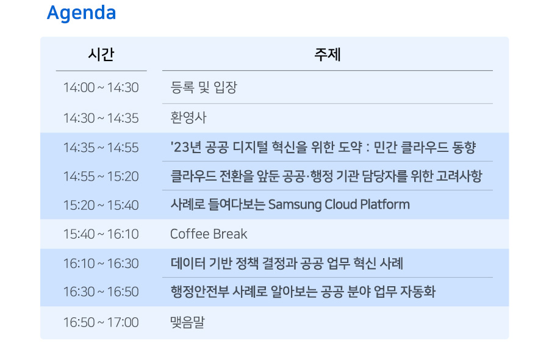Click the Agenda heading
(81, 13)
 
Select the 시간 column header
(101, 55)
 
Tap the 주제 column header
(328, 55)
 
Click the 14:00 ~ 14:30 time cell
(101, 87)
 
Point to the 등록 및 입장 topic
(203, 87)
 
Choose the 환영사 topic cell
(188, 118)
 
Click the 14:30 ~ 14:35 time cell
(101, 118)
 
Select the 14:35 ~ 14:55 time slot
(101, 148)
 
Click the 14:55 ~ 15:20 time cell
(101, 176)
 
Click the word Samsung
(295, 205)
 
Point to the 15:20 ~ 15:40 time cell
(101, 205)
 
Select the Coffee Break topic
(209, 234)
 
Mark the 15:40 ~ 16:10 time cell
(101, 234)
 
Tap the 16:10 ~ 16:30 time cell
(101, 264)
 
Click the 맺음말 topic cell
(187, 322)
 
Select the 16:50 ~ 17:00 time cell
(101, 323)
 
